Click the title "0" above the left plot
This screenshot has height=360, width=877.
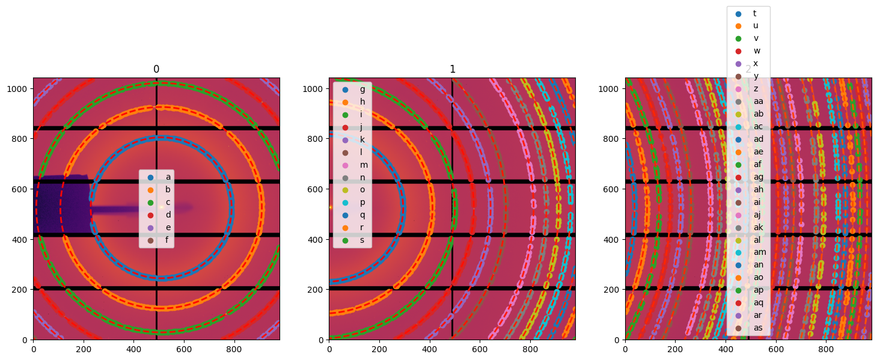point(156,69)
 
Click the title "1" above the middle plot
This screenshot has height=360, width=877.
point(452,69)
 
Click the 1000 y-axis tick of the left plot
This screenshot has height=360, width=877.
point(19,88)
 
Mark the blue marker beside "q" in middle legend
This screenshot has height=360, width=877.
point(345,215)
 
